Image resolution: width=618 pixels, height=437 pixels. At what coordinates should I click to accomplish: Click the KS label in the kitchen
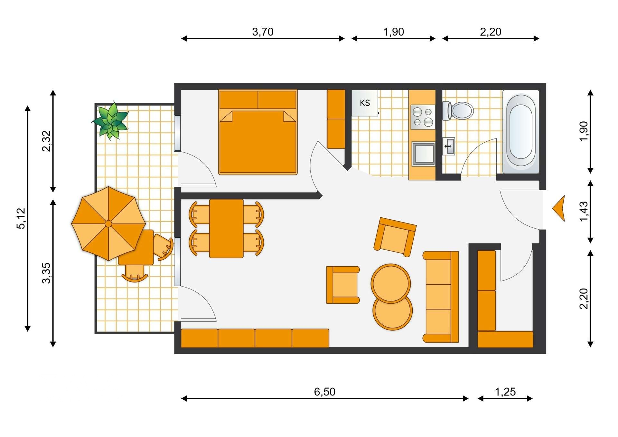pos(365,103)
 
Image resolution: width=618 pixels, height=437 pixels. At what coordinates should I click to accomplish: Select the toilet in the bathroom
pos(458,111)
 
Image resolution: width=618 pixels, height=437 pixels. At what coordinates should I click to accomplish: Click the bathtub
pos(521,132)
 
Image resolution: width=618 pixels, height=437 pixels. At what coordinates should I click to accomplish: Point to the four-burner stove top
pos(423,117)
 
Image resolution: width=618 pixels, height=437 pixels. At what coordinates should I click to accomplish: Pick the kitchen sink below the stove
pos(423,154)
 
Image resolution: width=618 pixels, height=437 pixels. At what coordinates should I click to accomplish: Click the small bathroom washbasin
pos(448,146)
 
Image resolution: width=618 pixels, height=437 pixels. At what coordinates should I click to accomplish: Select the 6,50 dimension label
pos(324,392)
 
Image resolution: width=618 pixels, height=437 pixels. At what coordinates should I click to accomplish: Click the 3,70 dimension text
pos(263,32)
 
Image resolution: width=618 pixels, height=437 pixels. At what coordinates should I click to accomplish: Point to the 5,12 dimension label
pos(21,218)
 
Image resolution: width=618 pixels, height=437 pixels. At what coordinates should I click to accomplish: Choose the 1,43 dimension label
pos(584,212)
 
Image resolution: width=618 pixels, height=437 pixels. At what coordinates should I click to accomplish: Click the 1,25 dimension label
pos(505,392)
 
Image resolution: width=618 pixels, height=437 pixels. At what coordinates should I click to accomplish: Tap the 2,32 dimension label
pos(46,141)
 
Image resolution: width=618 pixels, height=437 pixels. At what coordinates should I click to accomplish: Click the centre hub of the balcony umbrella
pos(108,223)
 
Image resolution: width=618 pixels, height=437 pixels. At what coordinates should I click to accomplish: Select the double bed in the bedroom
pos(257,132)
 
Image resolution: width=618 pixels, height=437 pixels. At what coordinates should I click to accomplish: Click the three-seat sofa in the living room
pos(441,297)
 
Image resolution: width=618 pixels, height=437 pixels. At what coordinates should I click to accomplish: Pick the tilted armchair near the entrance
pos(395,237)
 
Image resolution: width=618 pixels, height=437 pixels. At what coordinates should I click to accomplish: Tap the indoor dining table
pos(226,229)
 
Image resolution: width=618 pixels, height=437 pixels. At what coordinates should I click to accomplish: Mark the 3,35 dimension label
pos(46,273)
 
